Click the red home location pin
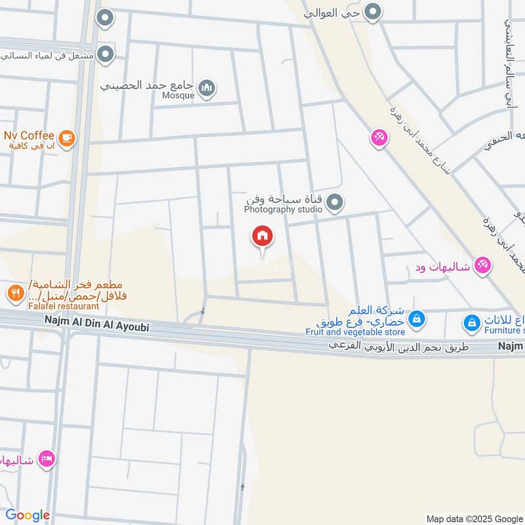(262, 236)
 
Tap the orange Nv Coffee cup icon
(66, 137)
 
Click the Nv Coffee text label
(30, 136)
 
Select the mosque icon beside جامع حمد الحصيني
(207, 87)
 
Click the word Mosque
(178, 96)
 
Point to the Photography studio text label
(283, 210)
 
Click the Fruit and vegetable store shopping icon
(416, 320)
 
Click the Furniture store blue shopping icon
(471, 323)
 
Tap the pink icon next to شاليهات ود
(482, 265)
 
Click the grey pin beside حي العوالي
(373, 12)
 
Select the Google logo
(28, 515)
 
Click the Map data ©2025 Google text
(474, 518)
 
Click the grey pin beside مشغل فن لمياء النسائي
(104, 54)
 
